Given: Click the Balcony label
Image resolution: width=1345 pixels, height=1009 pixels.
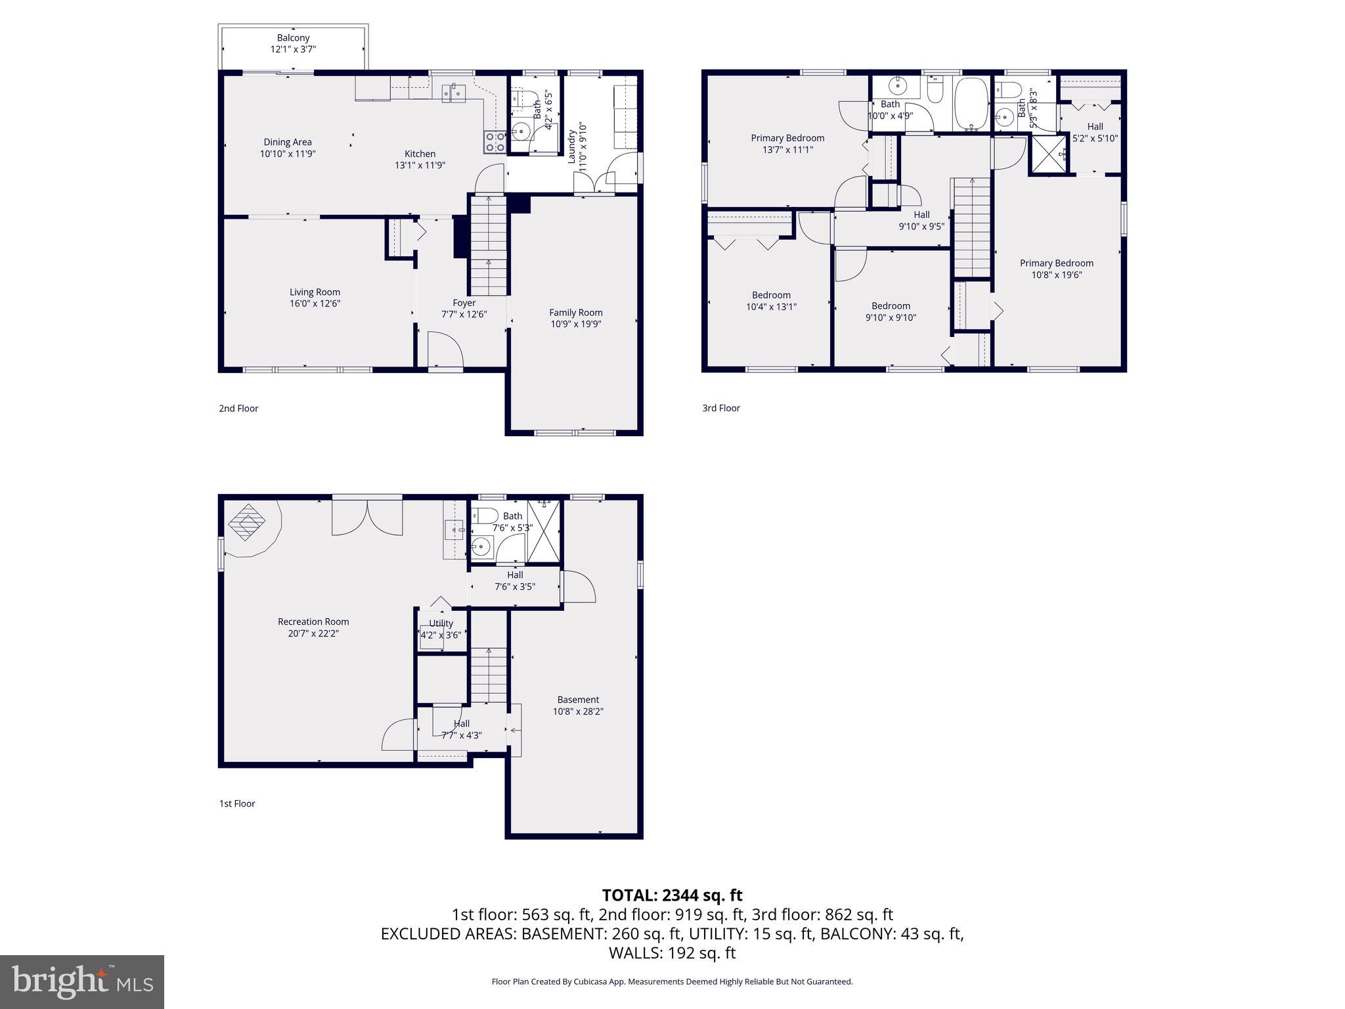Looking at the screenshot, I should click(x=293, y=38).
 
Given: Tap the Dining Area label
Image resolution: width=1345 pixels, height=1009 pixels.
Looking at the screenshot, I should click(x=288, y=142).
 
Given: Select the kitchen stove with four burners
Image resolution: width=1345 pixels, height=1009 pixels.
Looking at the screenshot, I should click(x=495, y=142).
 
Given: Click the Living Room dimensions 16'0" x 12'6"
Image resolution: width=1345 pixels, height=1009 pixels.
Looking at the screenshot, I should click(x=315, y=303).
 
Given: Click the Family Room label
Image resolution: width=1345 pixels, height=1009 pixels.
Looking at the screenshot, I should click(x=575, y=313).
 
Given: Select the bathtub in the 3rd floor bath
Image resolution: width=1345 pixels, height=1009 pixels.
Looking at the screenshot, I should click(x=971, y=104).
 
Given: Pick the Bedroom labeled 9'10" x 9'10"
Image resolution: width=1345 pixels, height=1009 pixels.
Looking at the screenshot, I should click(x=891, y=311).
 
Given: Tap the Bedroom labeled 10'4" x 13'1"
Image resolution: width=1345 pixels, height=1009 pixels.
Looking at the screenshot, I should click(x=771, y=301).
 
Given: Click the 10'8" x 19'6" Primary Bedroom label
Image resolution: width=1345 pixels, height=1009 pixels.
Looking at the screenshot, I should click(x=1056, y=269).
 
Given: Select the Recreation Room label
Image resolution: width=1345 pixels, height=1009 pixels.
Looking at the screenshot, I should click(x=313, y=621).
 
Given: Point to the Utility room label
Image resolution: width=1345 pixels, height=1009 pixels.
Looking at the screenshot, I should click(x=441, y=623).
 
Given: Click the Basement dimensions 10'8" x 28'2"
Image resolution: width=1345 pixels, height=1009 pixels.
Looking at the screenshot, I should click(x=578, y=711).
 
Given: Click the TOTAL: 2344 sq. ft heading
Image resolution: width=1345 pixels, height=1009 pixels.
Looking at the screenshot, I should click(x=672, y=895).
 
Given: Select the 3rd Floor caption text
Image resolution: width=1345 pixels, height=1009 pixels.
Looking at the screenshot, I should click(x=720, y=408).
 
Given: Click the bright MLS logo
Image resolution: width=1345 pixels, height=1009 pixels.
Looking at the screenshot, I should click(x=82, y=982).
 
